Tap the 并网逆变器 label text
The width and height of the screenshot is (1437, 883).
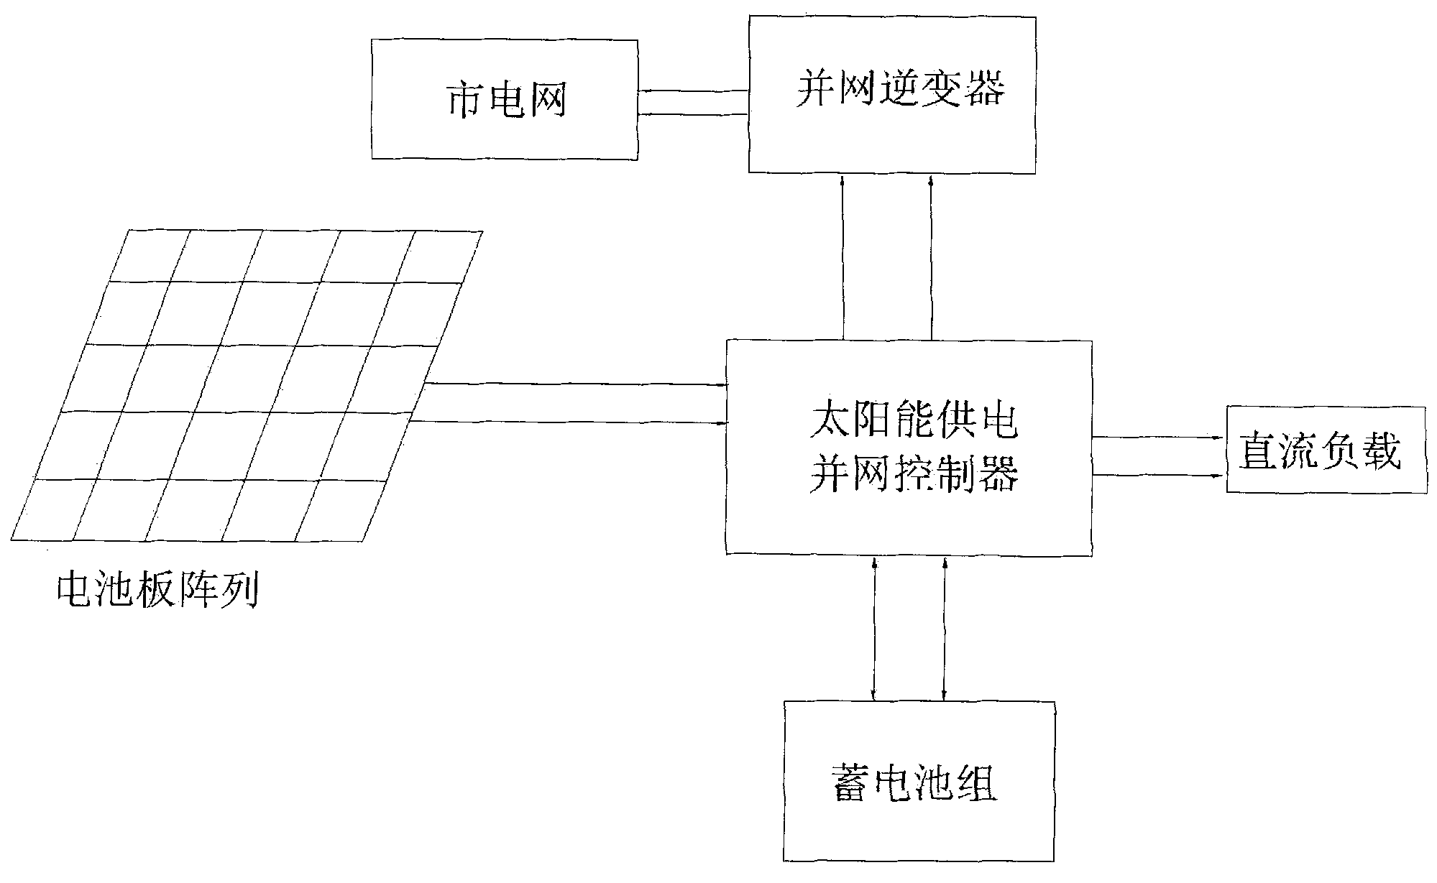tap(900, 91)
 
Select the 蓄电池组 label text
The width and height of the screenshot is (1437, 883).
tap(914, 783)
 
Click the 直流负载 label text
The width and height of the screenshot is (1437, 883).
tap(1321, 451)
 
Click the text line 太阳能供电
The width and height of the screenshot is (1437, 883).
tap(913, 422)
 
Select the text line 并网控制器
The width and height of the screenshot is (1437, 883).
tap(913, 474)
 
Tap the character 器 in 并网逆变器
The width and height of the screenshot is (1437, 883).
tap(982, 91)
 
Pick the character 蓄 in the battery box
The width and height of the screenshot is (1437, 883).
tap(852, 783)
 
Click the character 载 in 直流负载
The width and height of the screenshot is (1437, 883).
tap(1380, 451)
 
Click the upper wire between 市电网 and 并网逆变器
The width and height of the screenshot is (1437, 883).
tap(693, 91)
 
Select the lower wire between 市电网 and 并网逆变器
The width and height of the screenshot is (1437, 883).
tap(693, 114)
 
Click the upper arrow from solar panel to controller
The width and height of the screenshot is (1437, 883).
tap(575, 384)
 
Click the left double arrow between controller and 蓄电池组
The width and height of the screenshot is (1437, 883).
tap(874, 627)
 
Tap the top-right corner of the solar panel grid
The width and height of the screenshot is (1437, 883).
tap(482, 232)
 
